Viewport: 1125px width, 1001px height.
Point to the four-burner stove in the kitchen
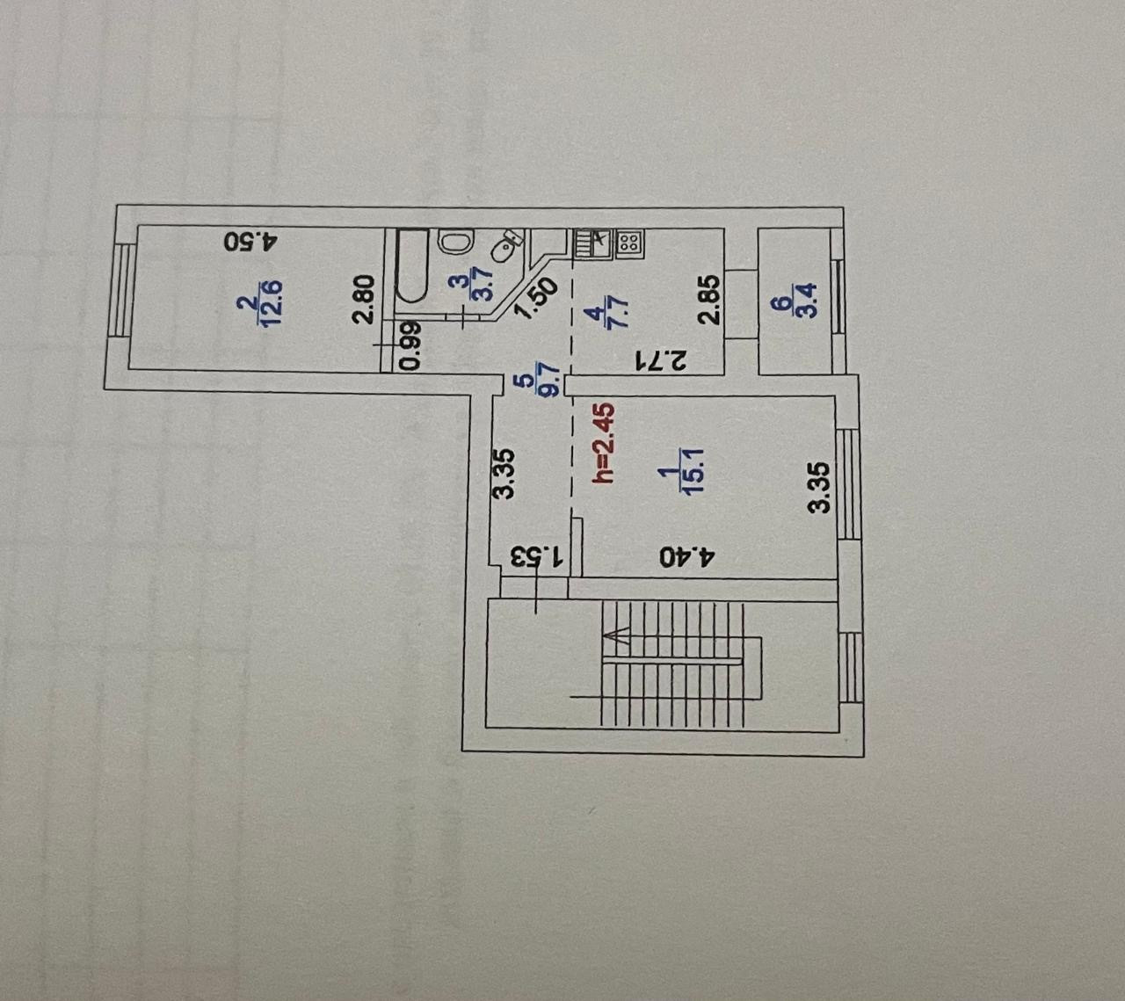(628, 243)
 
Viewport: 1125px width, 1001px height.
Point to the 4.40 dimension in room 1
(690, 555)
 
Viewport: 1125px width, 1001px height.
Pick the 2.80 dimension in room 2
(366, 300)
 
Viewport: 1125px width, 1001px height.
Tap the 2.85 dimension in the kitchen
(710, 301)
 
